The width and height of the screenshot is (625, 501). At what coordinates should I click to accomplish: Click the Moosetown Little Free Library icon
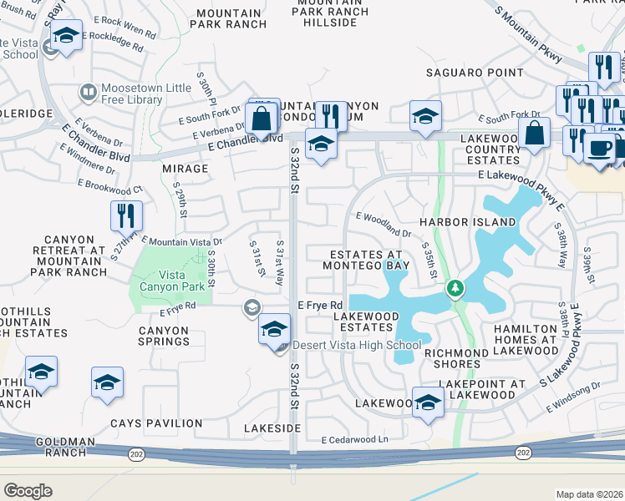[x=87, y=90]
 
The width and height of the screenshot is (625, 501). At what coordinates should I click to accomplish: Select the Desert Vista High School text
[x=357, y=345]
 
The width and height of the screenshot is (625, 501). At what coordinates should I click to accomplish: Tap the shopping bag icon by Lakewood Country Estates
[x=534, y=133]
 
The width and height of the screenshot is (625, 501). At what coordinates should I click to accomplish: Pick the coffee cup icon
[x=598, y=149]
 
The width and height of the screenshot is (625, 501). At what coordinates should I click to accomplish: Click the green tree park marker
[x=455, y=289]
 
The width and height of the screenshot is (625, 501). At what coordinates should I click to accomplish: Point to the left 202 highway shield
[x=135, y=453]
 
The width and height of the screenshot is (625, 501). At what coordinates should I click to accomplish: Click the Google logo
[x=28, y=490]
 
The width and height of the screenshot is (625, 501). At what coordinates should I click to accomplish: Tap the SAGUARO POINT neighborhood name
[x=474, y=73]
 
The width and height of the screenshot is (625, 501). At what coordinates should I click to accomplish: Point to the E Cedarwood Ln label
[x=355, y=440]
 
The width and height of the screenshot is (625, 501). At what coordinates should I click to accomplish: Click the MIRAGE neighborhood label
[x=185, y=169]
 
